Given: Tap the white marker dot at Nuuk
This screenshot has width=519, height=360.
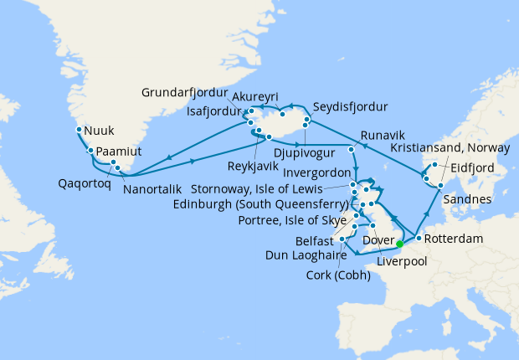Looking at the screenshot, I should pyautogui.click(x=79, y=130).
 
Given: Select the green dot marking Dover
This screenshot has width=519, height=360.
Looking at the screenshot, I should pyautogui.click(x=399, y=244).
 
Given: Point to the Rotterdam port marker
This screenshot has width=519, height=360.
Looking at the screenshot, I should pyautogui.click(x=418, y=239).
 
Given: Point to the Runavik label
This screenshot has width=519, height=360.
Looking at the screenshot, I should pyautogui.click(x=383, y=134).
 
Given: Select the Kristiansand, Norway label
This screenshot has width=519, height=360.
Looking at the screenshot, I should pyautogui.click(x=451, y=147).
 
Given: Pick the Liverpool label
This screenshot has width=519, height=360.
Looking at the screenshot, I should pyautogui.click(x=403, y=262).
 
